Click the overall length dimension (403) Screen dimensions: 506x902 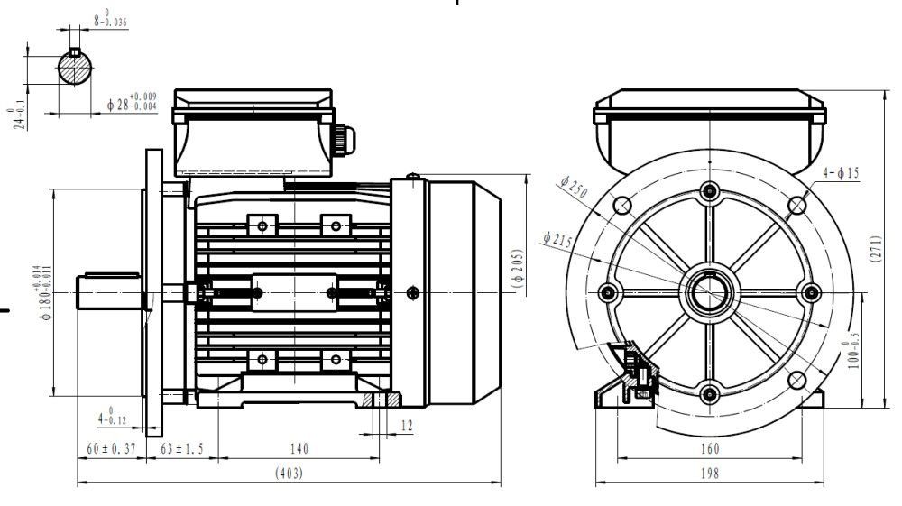pyautogui.click(x=289, y=473)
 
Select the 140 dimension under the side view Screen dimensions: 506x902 pyautogui.click(x=299, y=448)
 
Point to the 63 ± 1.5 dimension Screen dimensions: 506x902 pyautogui.click(x=181, y=448)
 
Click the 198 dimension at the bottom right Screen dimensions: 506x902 pyautogui.click(x=708, y=473)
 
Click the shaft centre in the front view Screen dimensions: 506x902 pyautogui.click(x=709, y=292)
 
